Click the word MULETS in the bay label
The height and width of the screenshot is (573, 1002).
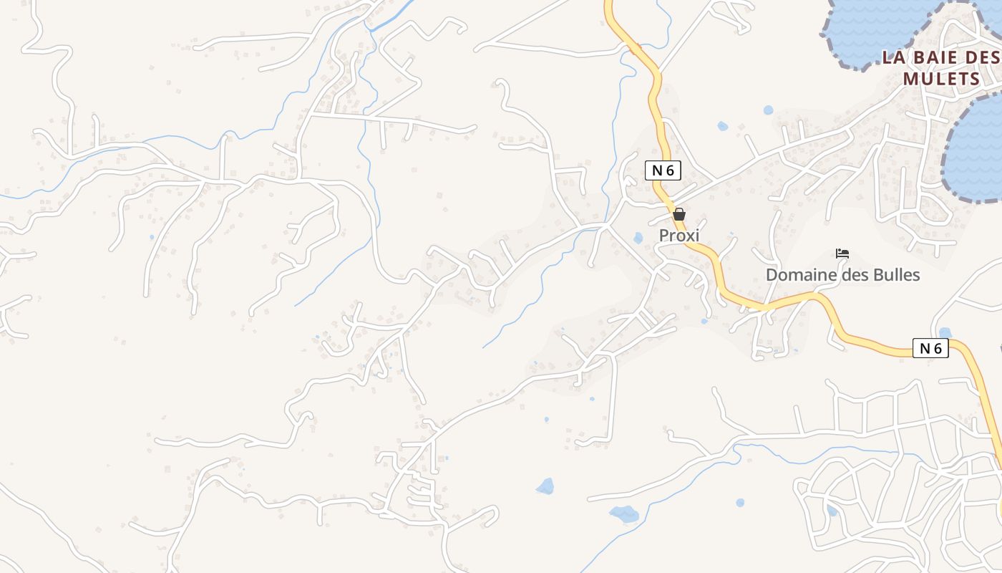[x=940, y=79]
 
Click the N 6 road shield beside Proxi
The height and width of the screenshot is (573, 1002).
[x=663, y=170]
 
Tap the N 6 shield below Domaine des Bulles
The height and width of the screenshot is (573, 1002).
[x=930, y=349]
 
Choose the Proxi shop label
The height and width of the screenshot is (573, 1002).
[x=678, y=236]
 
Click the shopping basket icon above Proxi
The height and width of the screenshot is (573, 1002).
[x=679, y=214]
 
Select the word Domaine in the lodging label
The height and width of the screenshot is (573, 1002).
[x=794, y=275]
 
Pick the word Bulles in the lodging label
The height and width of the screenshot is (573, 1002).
[x=895, y=275]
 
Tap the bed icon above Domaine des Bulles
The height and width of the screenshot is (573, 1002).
[x=842, y=254]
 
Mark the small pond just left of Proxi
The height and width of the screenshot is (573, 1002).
[x=638, y=238]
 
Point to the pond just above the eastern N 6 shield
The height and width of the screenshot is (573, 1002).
[x=945, y=332]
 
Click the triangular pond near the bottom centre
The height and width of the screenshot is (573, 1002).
[x=545, y=487]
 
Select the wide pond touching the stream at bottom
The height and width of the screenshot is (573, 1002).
[x=624, y=514]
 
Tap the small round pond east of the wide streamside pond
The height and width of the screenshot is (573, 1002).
[x=739, y=503]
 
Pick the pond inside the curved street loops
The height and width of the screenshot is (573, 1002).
[x=832, y=511]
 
